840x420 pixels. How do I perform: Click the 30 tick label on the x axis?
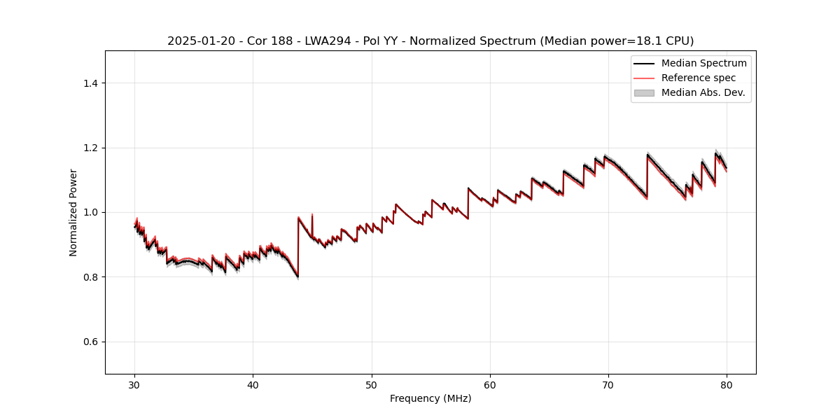point(135,384)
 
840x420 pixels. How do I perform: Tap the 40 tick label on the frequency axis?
point(253,384)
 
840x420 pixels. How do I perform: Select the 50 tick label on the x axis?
point(372,384)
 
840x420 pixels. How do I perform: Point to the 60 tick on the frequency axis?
point(490,384)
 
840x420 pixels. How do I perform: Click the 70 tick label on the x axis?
point(608,384)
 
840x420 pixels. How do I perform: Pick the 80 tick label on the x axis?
point(727,384)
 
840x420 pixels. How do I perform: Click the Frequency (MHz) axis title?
point(430,398)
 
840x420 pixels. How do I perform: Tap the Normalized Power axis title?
point(73,212)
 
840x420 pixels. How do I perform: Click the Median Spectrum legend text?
point(703,64)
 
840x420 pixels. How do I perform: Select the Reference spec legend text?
point(699,78)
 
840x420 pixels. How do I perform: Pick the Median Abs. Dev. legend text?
point(703,92)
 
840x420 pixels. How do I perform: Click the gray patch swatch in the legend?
point(644,92)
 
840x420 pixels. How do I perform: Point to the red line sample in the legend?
point(644,78)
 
